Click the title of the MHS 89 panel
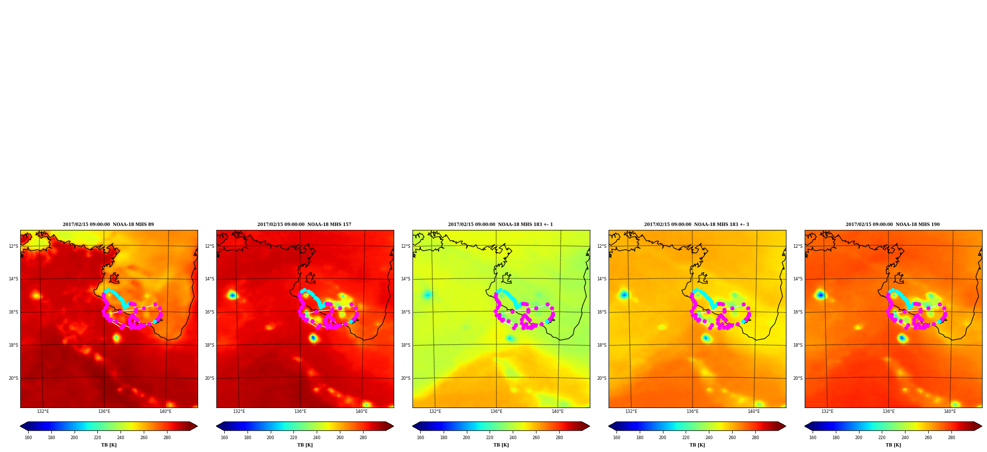(x=108, y=225)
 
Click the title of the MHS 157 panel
(x=304, y=225)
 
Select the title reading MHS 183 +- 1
(x=500, y=225)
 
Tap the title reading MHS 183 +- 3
(x=697, y=225)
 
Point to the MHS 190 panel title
(x=893, y=225)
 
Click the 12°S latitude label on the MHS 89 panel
(x=13, y=246)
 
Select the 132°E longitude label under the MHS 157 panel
(x=239, y=411)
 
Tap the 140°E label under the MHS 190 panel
(x=950, y=411)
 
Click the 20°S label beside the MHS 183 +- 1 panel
(x=406, y=378)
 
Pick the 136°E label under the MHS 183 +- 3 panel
(x=693, y=411)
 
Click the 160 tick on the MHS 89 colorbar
(x=28, y=438)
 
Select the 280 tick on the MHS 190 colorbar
(x=951, y=438)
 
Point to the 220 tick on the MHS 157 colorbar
(x=293, y=438)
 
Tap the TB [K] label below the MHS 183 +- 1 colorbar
(x=501, y=445)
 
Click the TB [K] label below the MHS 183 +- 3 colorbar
(x=697, y=445)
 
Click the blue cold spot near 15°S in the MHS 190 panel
(x=821, y=295)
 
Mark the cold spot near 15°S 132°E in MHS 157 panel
(x=232, y=295)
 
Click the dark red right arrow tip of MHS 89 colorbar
(x=197, y=426)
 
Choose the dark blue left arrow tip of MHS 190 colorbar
(x=806, y=426)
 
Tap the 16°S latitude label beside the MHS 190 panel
(x=798, y=312)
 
